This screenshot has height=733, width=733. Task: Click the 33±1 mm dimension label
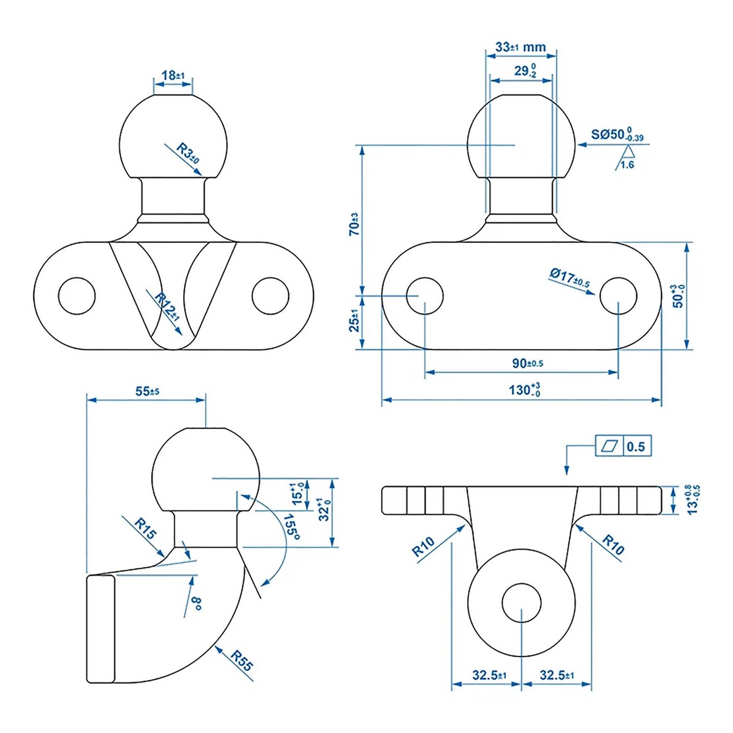[x=520, y=47]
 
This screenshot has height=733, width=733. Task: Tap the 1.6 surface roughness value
[x=627, y=165]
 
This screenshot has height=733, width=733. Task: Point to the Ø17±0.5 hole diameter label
[x=570, y=277]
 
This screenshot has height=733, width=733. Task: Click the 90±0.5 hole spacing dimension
[x=528, y=363]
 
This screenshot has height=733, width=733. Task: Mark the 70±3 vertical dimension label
[x=354, y=224]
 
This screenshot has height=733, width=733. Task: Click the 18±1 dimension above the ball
[x=173, y=76]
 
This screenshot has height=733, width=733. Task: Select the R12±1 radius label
[x=167, y=306]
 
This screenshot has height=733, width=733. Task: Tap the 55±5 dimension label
[x=147, y=391]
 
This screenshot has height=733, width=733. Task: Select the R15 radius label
[x=146, y=529]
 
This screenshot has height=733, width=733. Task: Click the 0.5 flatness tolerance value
[x=636, y=447]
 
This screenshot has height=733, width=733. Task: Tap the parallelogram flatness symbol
[x=609, y=446]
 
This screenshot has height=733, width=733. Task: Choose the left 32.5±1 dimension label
[x=489, y=675]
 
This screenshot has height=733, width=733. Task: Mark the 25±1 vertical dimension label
[x=354, y=321]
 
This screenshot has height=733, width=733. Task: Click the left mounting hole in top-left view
[x=77, y=296]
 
